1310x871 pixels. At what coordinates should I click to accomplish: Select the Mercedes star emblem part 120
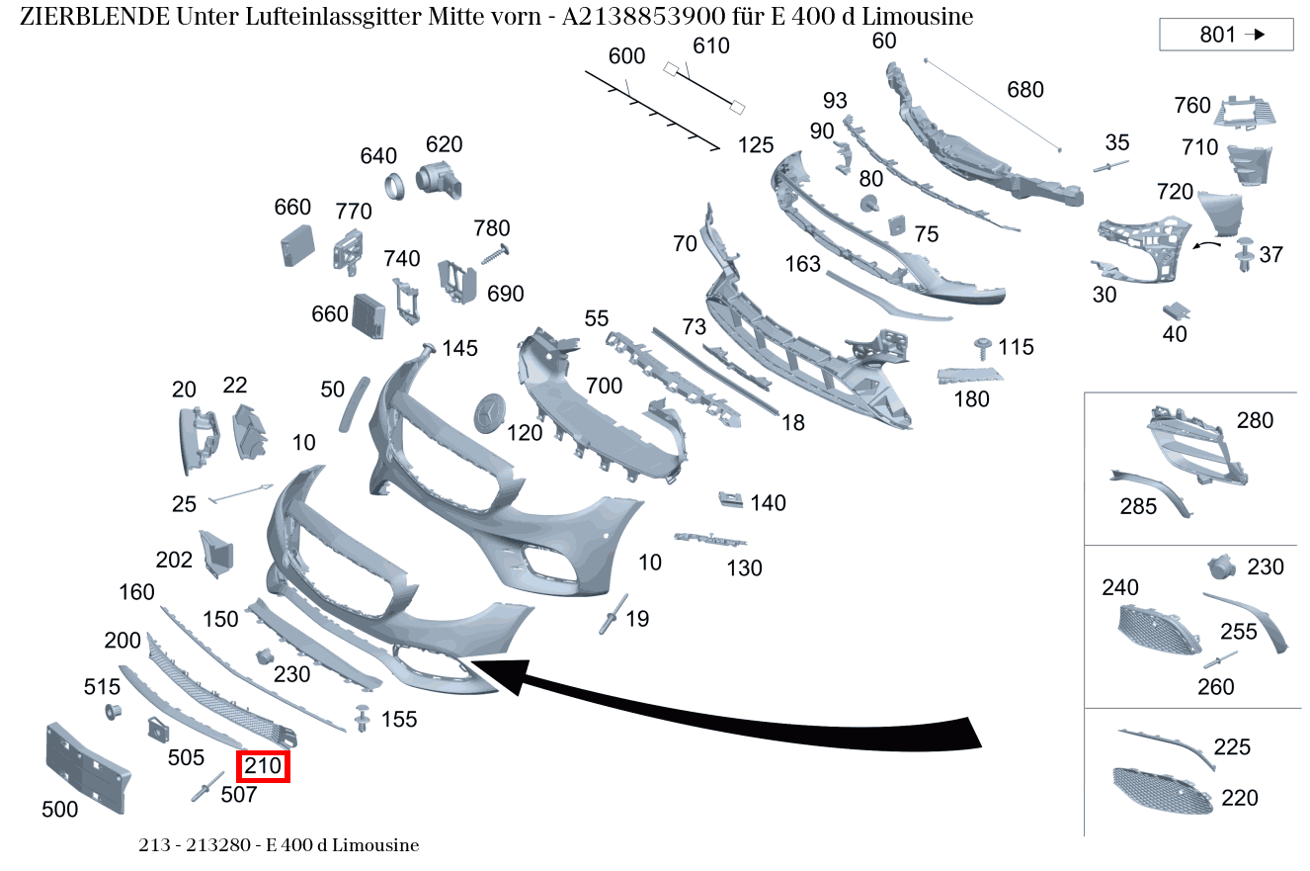[491, 413]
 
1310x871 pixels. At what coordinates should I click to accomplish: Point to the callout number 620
[444, 144]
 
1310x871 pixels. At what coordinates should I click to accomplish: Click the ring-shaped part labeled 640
[394, 185]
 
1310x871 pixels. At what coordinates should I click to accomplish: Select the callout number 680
[1024, 90]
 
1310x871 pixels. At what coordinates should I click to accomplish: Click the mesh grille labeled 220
[1161, 791]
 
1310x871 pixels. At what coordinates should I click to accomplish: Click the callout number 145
[459, 348]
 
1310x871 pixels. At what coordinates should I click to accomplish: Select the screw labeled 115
[983, 345]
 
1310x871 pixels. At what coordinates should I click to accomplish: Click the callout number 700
[604, 386]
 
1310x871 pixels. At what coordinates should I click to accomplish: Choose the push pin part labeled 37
[1243, 254]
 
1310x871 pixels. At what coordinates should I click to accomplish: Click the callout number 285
[1138, 507]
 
